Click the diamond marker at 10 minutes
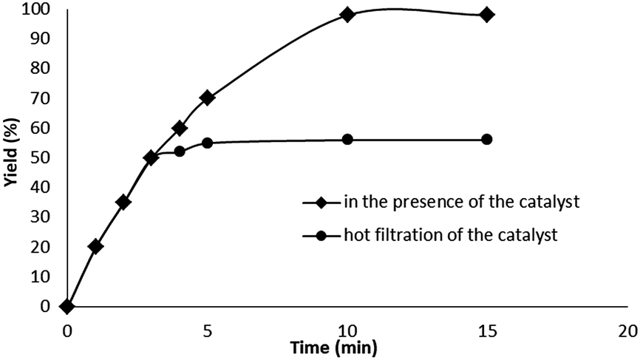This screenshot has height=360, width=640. coord(347,14)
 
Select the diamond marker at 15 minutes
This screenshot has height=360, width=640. coord(487,14)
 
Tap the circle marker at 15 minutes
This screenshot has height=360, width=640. coord(487,139)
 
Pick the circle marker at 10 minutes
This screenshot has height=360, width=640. coord(347,139)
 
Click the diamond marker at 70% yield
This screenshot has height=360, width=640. coord(207,98)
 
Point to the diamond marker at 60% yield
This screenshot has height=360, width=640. coord(179,128)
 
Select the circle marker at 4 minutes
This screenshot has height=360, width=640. coord(179,151)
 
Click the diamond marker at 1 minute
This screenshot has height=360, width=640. coord(95,246)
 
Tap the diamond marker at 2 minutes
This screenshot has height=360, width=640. coord(123,202)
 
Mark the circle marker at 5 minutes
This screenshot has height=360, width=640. coord(207,143)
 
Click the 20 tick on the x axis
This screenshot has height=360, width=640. coord(627,330)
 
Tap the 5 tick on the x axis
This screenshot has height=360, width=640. coord(207,330)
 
